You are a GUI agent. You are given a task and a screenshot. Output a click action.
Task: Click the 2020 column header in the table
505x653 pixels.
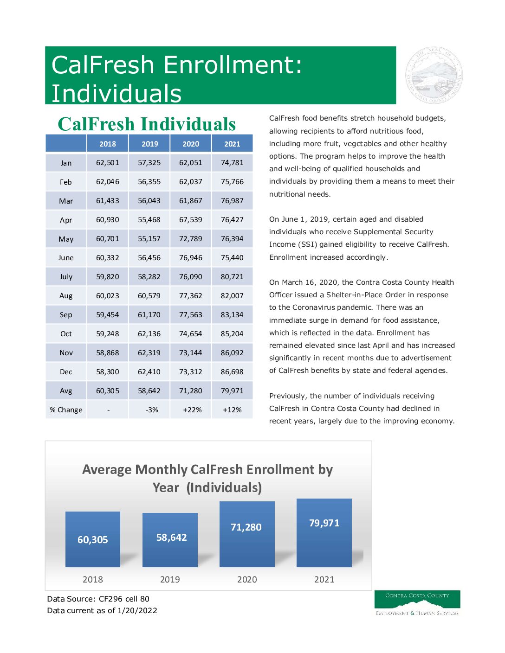click(x=191, y=144)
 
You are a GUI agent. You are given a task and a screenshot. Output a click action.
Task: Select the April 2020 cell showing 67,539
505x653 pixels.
click(x=191, y=220)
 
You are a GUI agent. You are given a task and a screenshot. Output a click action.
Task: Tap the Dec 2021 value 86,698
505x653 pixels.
click(x=232, y=372)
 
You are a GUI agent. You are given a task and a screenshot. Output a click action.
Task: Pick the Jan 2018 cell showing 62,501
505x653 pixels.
click(x=108, y=163)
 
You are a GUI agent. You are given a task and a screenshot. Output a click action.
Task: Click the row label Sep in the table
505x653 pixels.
click(x=66, y=315)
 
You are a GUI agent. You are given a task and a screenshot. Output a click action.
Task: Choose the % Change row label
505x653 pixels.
click(x=66, y=410)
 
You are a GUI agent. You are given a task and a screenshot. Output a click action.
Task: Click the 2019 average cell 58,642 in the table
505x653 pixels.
click(x=149, y=391)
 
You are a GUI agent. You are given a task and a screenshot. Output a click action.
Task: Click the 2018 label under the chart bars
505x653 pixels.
click(x=93, y=579)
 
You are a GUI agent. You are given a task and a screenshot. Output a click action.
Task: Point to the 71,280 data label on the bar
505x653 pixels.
click(x=246, y=527)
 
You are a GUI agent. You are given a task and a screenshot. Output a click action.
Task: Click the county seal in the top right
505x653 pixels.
click(x=434, y=76)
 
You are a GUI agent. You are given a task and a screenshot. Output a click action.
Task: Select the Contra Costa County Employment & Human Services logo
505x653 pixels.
click(x=417, y=603)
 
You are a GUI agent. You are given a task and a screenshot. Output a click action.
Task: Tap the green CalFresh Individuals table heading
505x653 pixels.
click(x=147, y=124)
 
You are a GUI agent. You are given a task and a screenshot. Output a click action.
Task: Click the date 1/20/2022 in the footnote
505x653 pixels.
click(x=137, y=610)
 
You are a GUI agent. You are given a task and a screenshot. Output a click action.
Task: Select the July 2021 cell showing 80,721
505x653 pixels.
click(x=232, y=277)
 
